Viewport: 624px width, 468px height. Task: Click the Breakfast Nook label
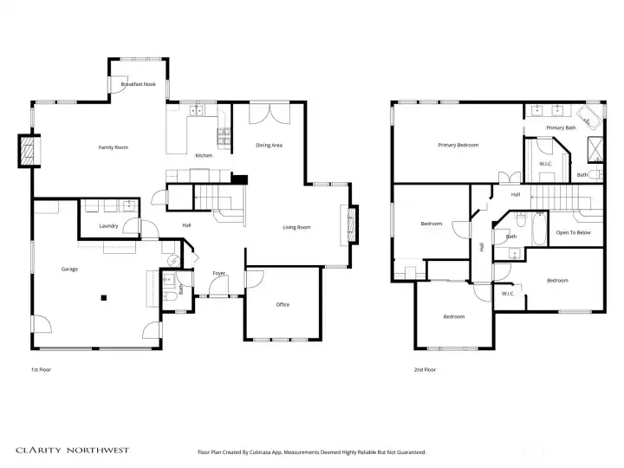click(x=139, y=85)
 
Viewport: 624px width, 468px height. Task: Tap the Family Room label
click(x=113, y=147)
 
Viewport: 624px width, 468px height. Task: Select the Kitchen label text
click(x=204, y=155)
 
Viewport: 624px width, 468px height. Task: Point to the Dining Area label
click(x=269, y=145)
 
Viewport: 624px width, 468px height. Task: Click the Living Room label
click(x=296, y=227)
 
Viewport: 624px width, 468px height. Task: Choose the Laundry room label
click(x=108, y=226)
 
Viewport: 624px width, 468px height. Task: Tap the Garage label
click(x=69, y=269)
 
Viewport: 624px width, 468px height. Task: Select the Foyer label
click(x=219, y=273)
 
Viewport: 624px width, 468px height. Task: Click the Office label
click(x=283, y=305)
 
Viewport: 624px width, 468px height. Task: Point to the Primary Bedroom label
click(x=458, y=145)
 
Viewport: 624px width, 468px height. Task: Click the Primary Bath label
click(x=561, y=127)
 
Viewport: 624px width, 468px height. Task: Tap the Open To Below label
click(x=574, y=232)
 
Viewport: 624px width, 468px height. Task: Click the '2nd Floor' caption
click(x=425, y=369)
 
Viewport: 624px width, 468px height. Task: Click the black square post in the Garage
click(x=103, y=298)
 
